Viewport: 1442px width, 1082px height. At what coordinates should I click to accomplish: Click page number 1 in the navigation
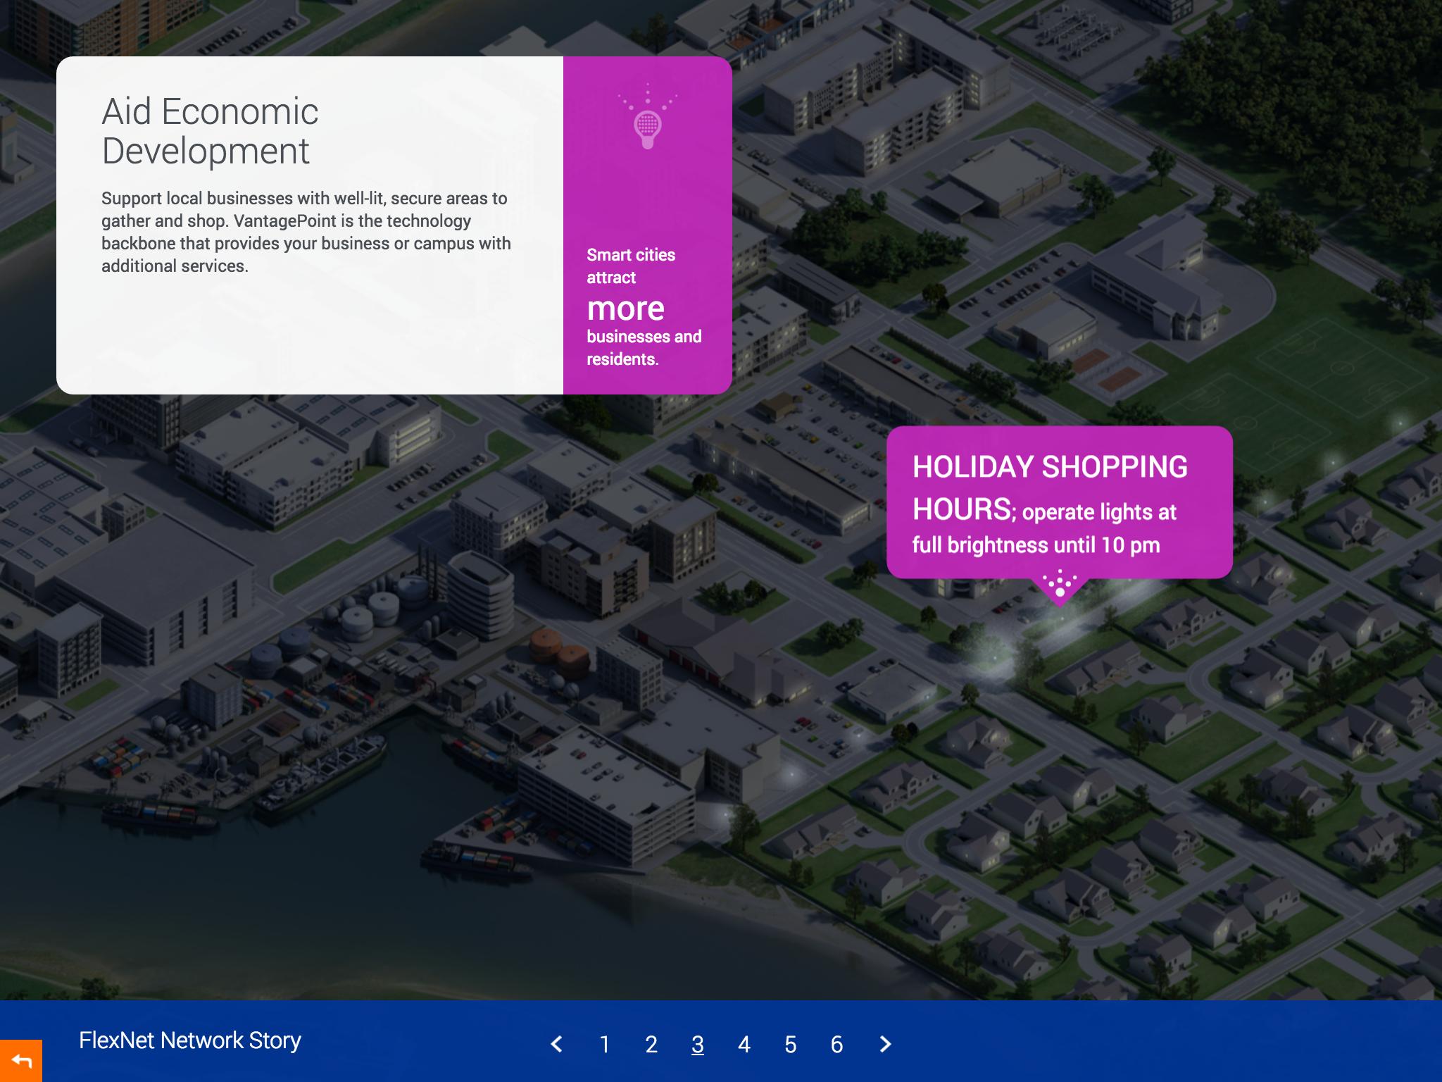[604, 1044]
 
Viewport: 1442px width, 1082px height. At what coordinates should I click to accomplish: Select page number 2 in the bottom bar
[651, 1044]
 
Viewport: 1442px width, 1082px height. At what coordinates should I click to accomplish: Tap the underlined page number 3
[698, 1044]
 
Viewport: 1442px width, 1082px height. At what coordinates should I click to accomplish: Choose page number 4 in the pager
[744, 1044]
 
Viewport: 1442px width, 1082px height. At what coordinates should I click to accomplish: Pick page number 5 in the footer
[791, 1044]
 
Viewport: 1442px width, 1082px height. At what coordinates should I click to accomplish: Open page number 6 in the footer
[837, 1044]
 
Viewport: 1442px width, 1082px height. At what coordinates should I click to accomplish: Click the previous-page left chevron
[556, 1044]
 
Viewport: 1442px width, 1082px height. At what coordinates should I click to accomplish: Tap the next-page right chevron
[886, 1044]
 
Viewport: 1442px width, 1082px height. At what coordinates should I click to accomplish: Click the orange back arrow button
[21, 1061]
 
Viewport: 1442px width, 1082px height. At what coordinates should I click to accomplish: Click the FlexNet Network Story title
[190, 1040]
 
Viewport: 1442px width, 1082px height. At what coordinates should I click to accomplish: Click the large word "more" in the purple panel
[626, 309]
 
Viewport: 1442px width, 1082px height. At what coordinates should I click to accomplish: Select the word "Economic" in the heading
[239, 111]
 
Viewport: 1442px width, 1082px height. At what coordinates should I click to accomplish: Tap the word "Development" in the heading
[206, 151]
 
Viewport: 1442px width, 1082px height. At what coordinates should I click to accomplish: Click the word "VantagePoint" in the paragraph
[285, 220]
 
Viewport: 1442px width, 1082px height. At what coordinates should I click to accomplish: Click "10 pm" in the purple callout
[1131, 545]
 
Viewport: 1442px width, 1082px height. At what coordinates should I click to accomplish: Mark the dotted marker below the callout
[1060, 584]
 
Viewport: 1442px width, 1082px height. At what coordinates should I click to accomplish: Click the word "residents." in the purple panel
[622, 359]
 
